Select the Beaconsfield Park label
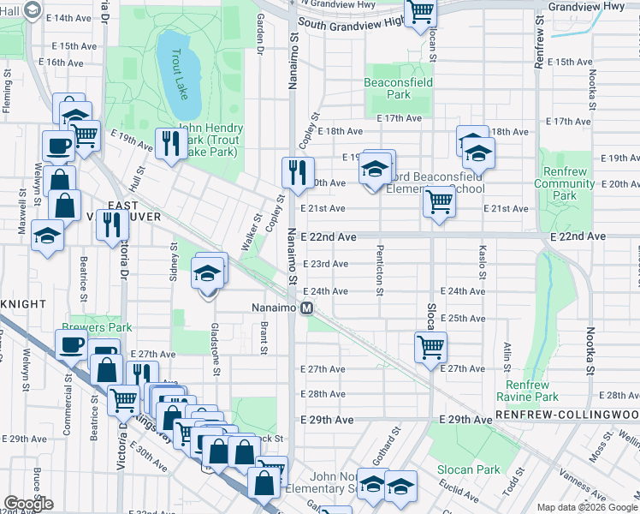point(398,88)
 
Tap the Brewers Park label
point(97,327)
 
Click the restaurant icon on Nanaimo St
point(298,171)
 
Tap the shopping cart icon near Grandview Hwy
point(421,13)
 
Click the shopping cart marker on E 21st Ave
point(439,202)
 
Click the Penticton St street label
point(378,269)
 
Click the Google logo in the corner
point(29,504)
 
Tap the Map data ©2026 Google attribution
point(586,507)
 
